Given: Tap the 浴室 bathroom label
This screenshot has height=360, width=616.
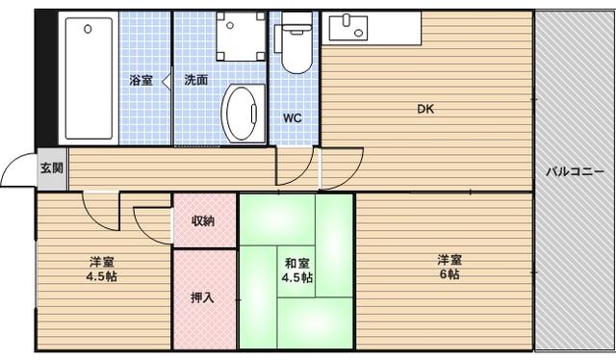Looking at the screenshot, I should tap(141, 80).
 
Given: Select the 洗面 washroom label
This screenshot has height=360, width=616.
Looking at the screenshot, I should tap(196, 80).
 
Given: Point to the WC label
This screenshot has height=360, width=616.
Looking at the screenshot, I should tap(293, 118).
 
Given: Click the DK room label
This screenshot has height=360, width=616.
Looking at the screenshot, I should tap(424, 109).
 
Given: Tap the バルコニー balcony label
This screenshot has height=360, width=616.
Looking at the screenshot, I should tap(570, 172).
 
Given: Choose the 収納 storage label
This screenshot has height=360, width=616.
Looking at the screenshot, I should tap(202, 221).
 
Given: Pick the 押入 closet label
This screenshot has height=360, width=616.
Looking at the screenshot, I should tap(202, 297).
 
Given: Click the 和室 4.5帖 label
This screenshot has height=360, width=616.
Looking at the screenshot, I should tap(296, 270).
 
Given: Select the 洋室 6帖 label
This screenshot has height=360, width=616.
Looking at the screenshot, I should tap(449, 267).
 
